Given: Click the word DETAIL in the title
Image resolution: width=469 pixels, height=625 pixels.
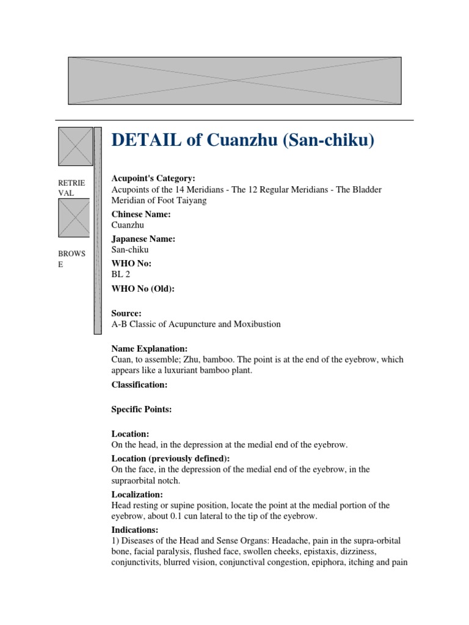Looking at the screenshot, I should point(145,141).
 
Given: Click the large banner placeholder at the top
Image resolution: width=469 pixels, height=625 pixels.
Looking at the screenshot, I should point(234,81).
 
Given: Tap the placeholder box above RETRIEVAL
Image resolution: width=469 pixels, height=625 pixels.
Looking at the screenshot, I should point(75,146).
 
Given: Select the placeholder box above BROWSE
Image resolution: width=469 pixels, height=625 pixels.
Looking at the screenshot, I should point(74,218).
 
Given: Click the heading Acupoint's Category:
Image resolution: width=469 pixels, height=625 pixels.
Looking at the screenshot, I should point(153,178).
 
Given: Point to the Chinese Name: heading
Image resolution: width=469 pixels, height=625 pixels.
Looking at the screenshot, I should point(141,214).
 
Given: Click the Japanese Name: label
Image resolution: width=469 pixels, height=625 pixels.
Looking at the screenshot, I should point(143,239).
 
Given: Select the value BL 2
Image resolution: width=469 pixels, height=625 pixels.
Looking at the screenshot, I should point(120,275).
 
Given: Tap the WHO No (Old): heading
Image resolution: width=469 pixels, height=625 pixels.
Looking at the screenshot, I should point(143,289).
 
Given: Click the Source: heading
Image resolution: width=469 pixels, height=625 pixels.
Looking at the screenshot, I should point(126,312).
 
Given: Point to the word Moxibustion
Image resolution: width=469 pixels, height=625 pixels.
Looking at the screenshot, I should point(255,324).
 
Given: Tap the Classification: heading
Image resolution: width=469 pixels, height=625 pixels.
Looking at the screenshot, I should point(139,385).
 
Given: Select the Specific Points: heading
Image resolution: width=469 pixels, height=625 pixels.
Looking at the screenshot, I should point(142,410).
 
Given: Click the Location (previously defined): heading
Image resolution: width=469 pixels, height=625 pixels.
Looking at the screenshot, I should point(172,458).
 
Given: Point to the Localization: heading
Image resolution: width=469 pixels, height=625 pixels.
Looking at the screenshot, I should point(137,494).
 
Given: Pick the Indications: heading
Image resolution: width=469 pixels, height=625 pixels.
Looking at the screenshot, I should point(135,530).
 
